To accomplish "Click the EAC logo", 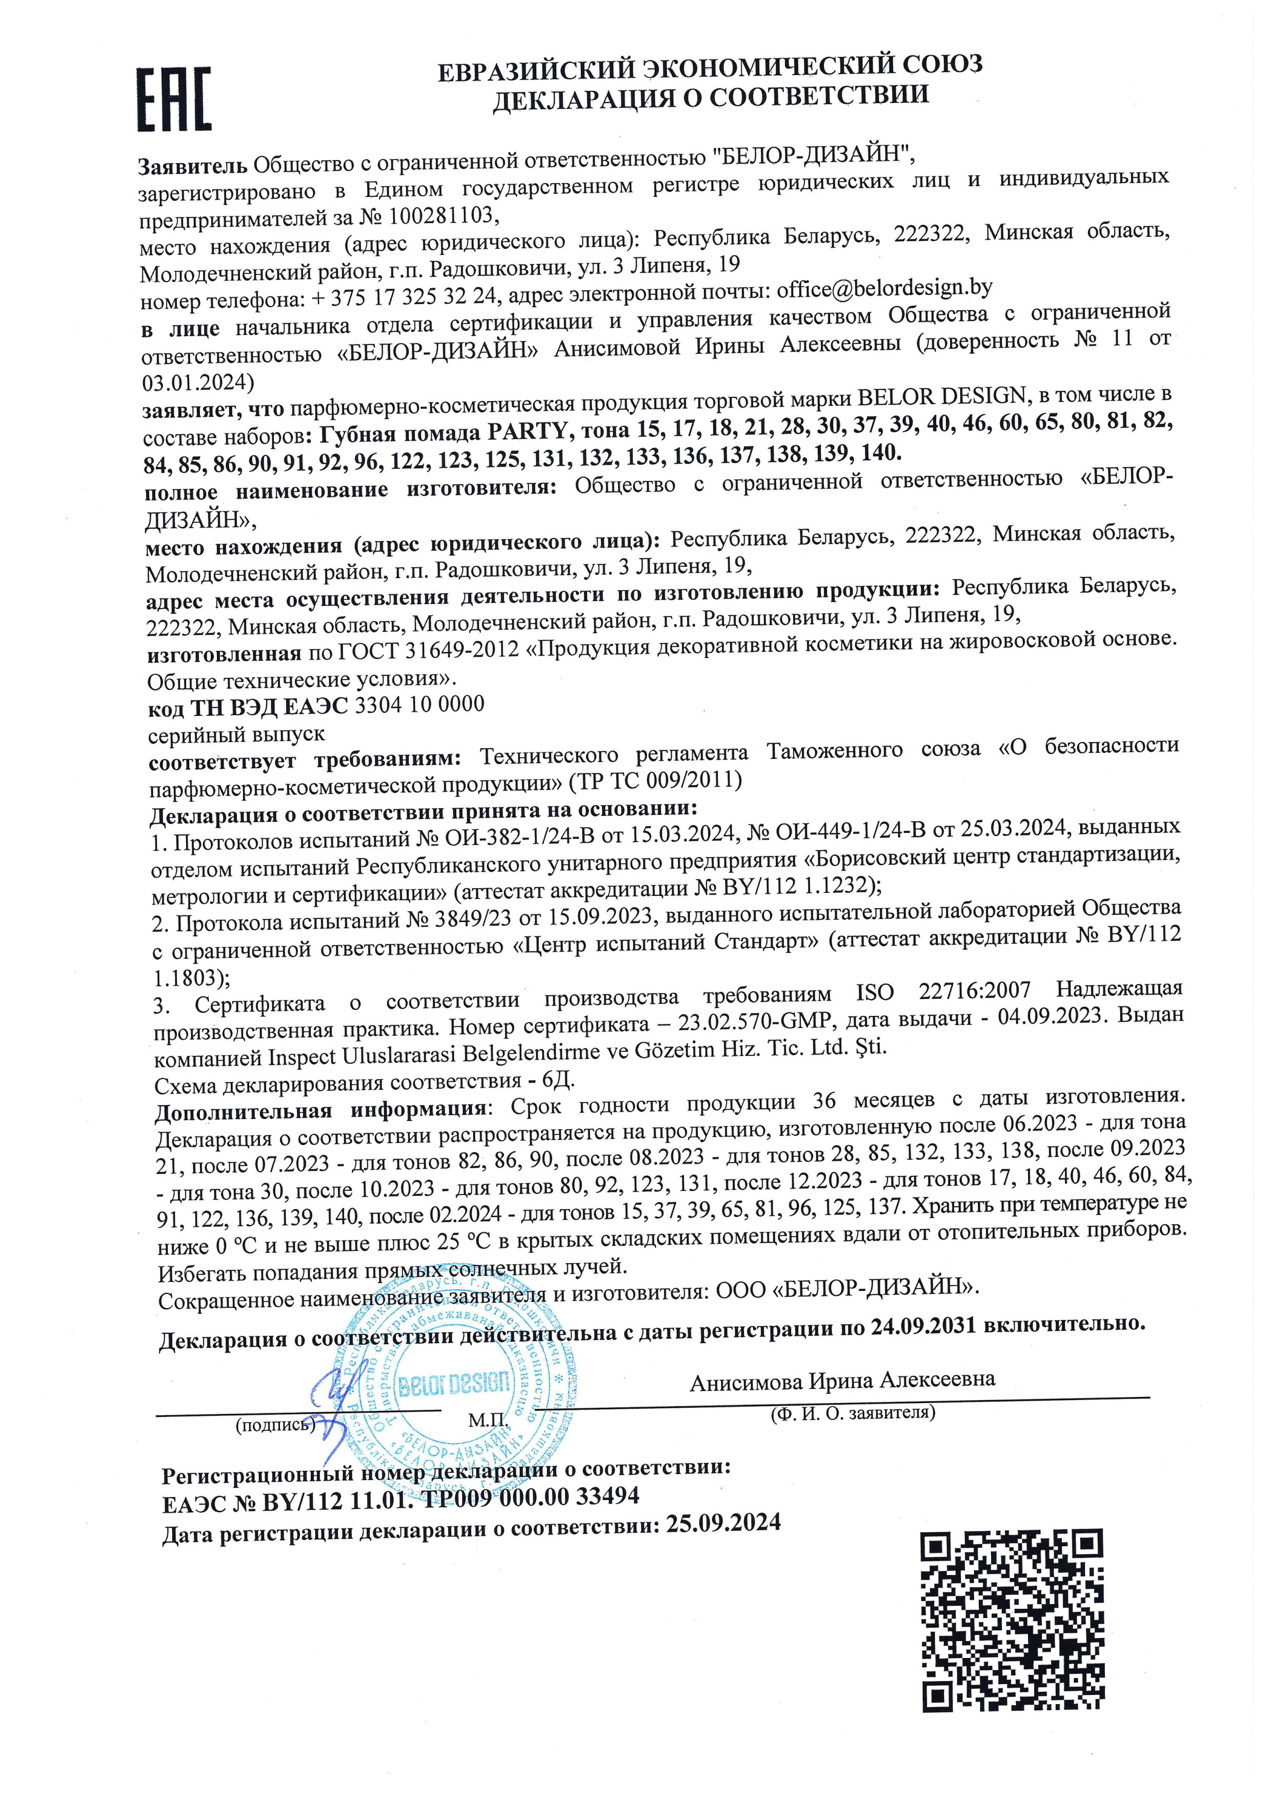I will tap(174, 99).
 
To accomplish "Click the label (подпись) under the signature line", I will tap(275, 1425).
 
